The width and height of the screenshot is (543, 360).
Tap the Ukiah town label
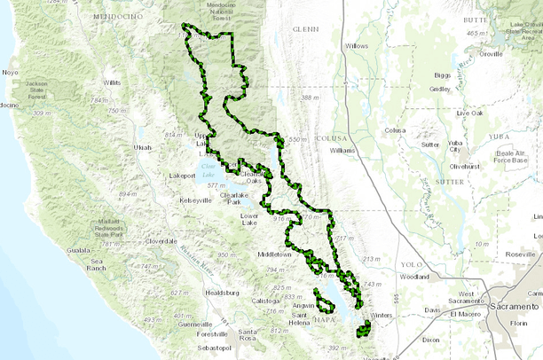pyautogui.click(x=142, y=147)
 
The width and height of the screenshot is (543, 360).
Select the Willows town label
pyautogui.click(x=356, y=45)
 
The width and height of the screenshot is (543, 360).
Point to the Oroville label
pyautogui.click(x=490, y=54)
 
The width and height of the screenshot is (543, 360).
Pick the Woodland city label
pyautogui.click(x=414, y=277)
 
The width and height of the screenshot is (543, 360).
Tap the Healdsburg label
pyautogui.click(x=223, y=292)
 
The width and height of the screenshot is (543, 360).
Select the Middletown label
pyautogui.click(x=274, y=254)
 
